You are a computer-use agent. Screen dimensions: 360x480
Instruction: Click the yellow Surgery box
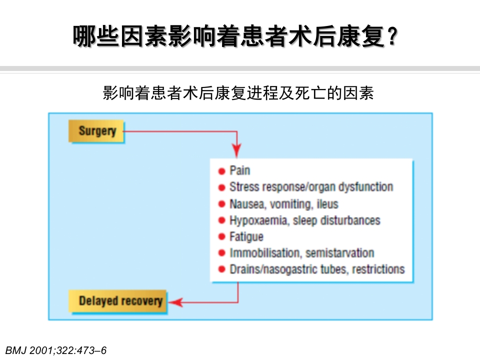click(96, 131)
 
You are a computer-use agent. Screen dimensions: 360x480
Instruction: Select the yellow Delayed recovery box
click(120, 301)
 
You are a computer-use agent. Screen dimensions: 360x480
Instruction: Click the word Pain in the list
click(239, 170)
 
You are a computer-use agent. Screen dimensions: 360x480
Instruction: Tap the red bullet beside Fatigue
click(221, 237)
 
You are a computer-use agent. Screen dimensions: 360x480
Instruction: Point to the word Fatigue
click(246, 236)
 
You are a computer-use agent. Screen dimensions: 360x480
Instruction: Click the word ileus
click(327, 204)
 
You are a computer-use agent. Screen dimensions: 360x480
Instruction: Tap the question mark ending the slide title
click(392, 37)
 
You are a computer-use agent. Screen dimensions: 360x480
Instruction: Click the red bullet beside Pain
click(221, 171)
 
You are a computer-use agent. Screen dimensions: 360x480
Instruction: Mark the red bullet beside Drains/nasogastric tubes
click(221, 269)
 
